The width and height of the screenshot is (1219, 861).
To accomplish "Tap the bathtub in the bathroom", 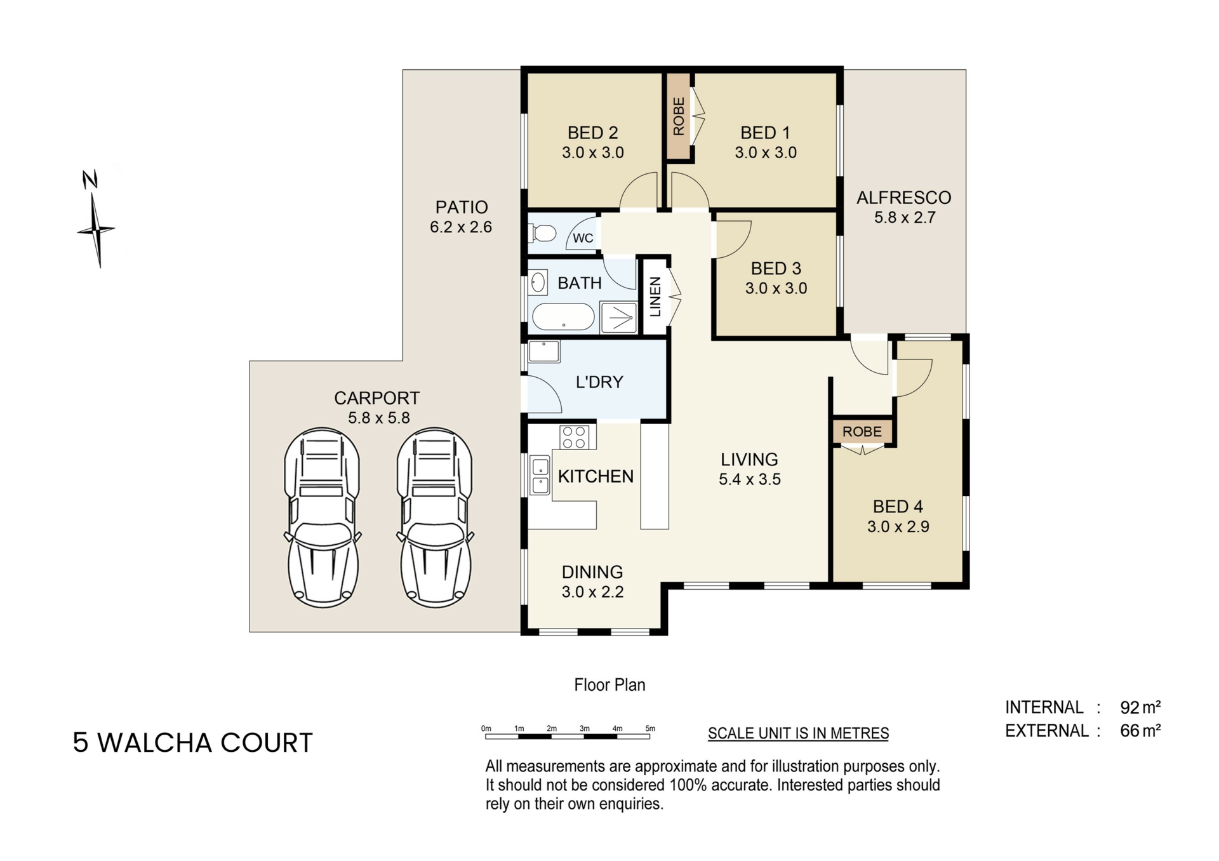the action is pos(563,317).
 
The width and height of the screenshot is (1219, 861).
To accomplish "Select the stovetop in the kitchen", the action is pos(575,437).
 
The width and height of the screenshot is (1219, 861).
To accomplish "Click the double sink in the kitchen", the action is pos(540,476).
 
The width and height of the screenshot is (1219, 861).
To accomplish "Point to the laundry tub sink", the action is pos(544,351).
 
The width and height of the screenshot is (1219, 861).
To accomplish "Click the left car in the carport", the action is pos(323,517).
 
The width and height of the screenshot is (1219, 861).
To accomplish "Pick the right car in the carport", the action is pos(436,517).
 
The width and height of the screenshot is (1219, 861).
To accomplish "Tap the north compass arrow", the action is pos(96,219).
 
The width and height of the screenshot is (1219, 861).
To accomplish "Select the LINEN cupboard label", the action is pos(656,297).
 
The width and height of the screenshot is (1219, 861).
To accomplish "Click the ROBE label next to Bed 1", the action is pos(679,116).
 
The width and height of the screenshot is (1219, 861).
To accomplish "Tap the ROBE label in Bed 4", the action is pos(862,432).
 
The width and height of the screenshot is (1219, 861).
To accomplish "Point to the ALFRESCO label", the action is pos(903,197).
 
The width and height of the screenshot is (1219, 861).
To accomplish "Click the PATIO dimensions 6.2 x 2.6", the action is pos(461,227).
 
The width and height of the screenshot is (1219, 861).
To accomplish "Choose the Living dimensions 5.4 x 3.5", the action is pos(750,479).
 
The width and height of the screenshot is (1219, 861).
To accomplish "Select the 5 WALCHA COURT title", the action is pos(193,742).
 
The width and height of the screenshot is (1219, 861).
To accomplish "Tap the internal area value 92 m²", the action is pos(1140,707).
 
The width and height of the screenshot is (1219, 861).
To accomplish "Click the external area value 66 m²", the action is pos(1140,731).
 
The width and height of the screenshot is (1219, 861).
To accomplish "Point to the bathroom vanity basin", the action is pos(538,283).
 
